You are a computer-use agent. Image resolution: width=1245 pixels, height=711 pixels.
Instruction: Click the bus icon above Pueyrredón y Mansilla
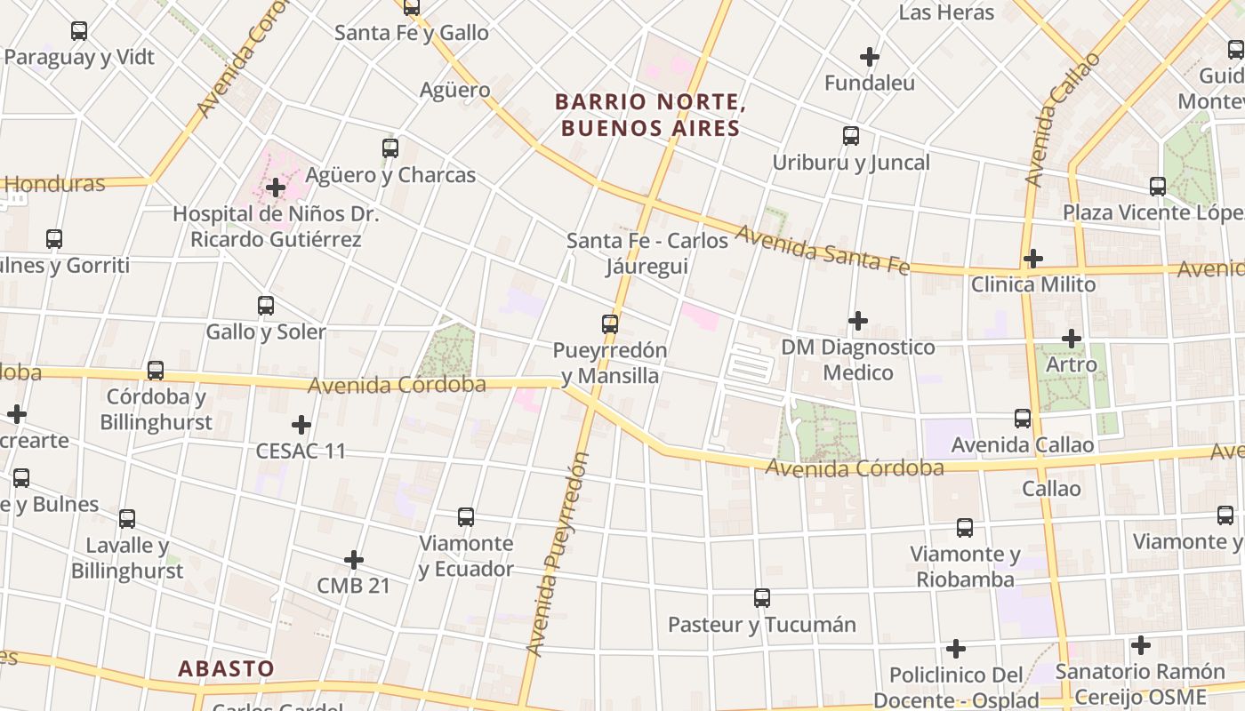[610, 324]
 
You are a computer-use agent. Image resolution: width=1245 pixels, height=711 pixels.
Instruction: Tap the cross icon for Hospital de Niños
[276, 188]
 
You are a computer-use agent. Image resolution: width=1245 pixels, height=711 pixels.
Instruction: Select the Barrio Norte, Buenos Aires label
[648, 116]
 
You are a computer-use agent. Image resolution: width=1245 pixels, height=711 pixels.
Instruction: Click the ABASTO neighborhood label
[226, 668]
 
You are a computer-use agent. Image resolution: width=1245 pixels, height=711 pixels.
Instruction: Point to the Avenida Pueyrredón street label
[558, 555]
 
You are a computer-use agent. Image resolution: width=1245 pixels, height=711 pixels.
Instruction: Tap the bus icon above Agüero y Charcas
[390, 148]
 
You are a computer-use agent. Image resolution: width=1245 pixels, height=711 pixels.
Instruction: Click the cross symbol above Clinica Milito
[1032, 259]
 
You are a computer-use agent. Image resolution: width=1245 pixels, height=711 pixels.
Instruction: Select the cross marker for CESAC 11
[301, 425]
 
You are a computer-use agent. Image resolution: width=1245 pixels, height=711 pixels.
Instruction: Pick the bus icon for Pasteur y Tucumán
[762, 598]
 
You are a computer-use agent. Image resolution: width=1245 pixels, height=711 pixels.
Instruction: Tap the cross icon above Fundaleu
[869, 57]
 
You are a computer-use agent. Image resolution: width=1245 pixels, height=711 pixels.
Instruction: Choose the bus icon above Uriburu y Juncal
[851, 136]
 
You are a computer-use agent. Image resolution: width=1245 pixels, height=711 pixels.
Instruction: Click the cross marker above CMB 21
[354, 560]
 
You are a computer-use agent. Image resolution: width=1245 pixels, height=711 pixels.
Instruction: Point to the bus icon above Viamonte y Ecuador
[466, 517]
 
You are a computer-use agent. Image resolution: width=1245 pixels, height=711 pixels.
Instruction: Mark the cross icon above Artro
[1072, 339]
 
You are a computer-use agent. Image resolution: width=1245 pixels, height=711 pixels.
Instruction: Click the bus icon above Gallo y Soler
[266, 306]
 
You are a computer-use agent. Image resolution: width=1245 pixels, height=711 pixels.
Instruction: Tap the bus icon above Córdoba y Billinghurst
[156, 371]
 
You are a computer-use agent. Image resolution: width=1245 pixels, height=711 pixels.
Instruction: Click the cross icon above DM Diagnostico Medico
[858, 320]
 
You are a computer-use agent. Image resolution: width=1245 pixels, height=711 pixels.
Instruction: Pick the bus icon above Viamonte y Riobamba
[965, 528]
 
